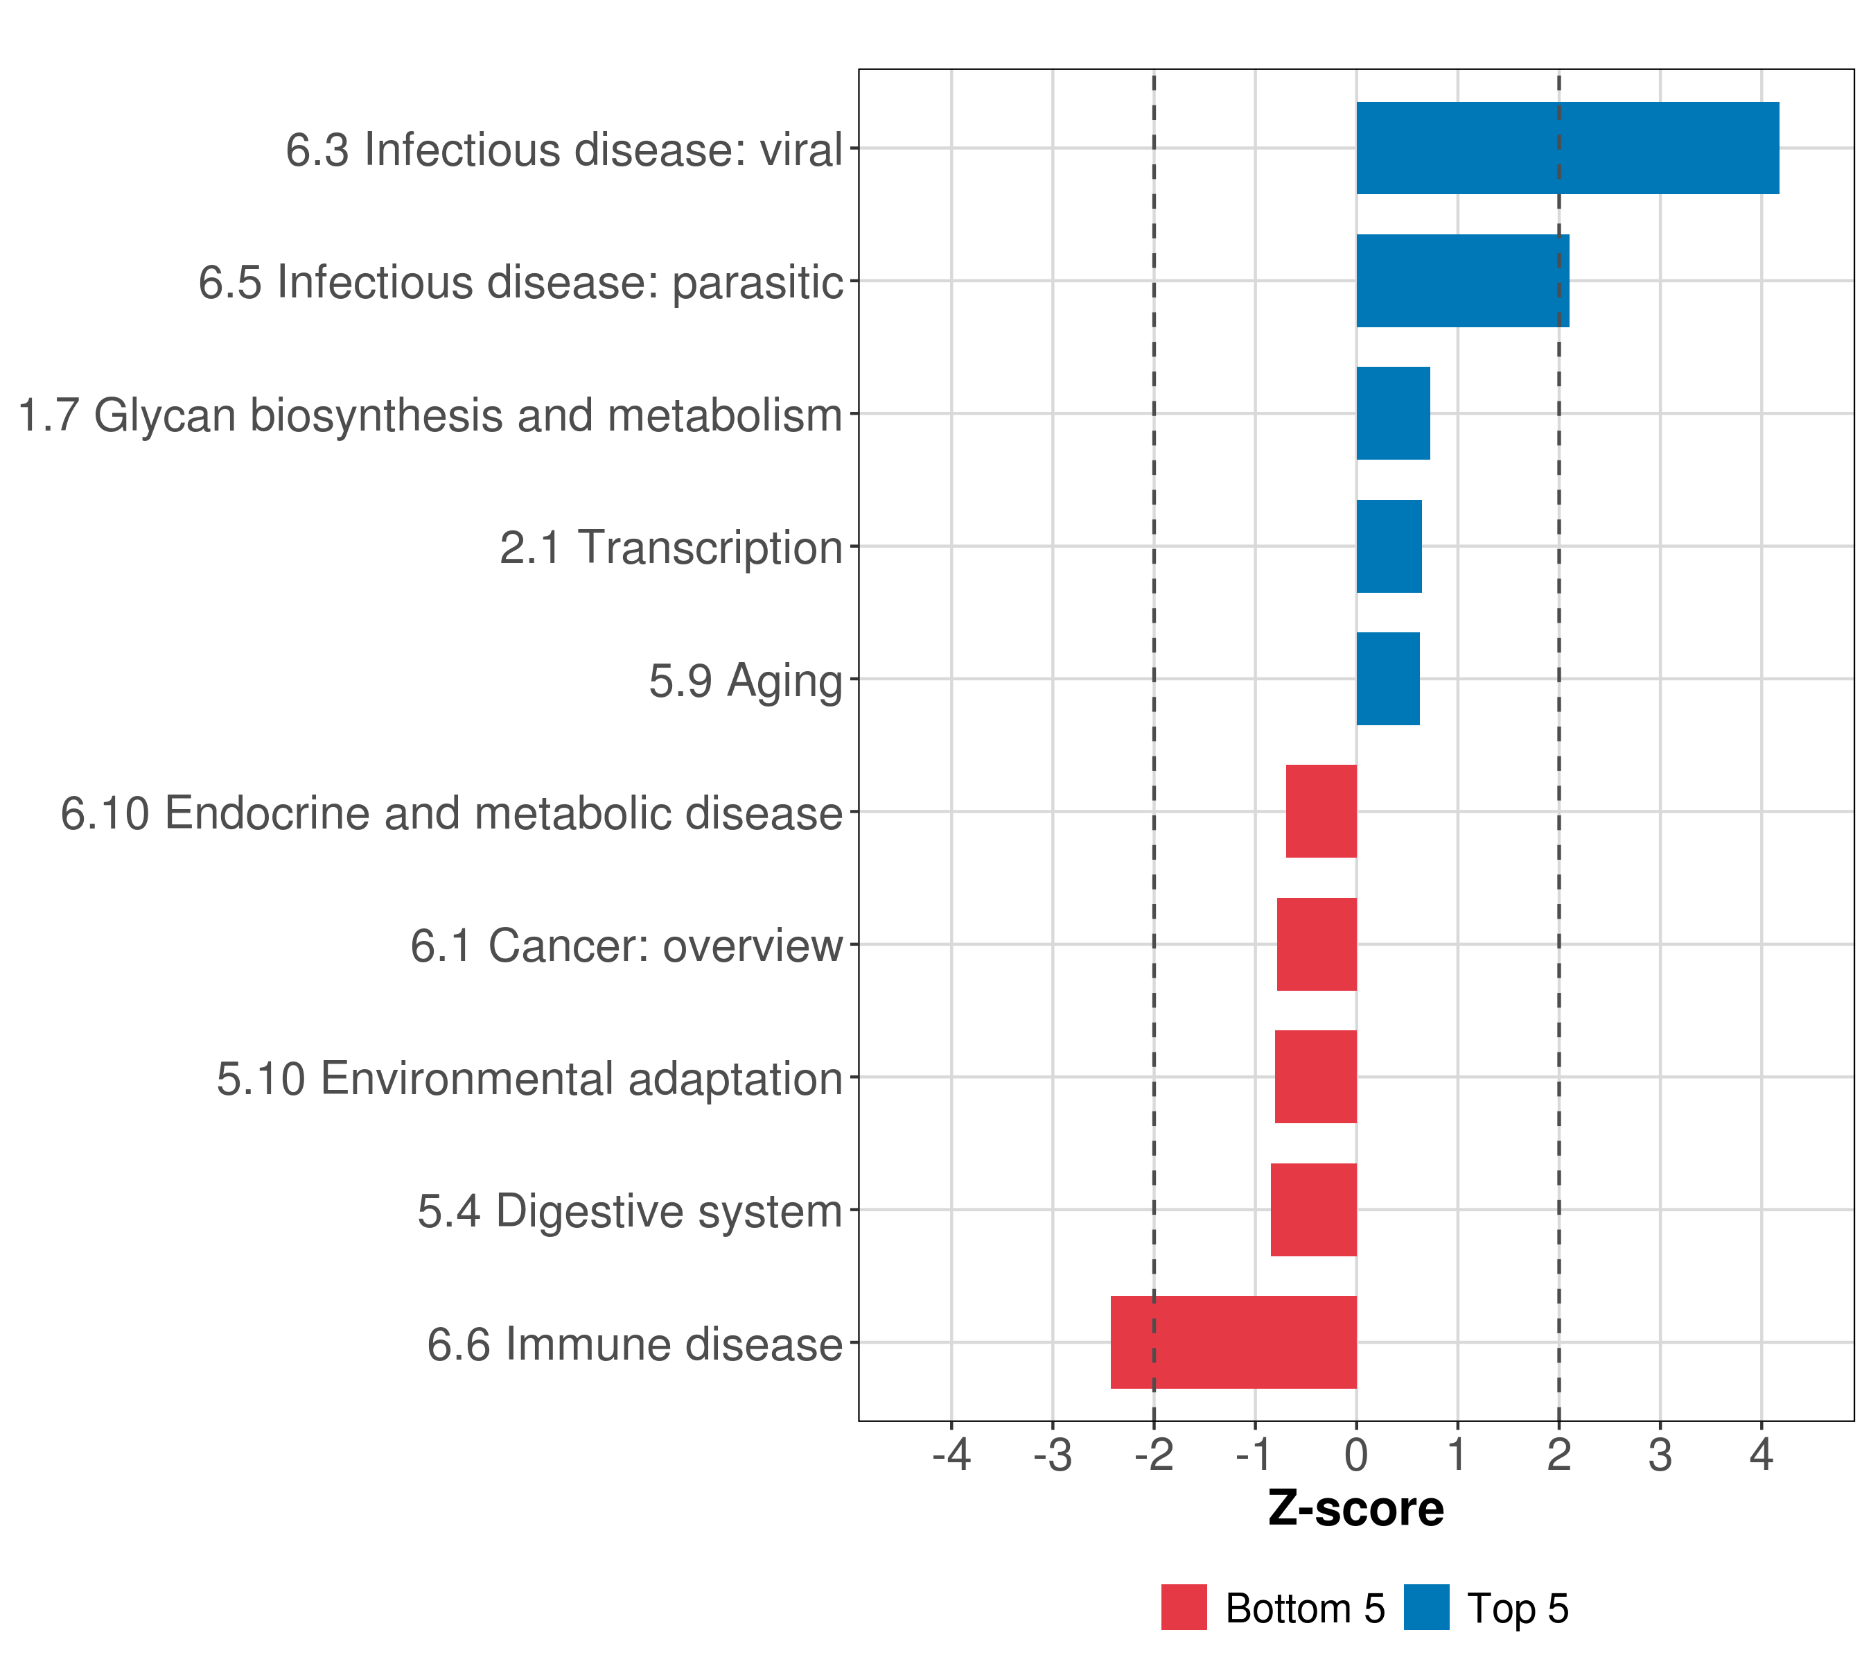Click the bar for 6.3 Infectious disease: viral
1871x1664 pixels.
tap(1567, 148)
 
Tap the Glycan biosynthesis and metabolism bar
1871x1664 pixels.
tap(1393, 413)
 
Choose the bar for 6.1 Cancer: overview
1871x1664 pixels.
tap(1317, 944)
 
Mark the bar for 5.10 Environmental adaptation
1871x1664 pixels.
tap(1315, 1077)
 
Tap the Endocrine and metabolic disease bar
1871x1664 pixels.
tap(1321, 811)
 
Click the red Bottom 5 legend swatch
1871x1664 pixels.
tap(1184, 1607)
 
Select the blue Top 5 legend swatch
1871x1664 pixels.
tap(1427, 1607)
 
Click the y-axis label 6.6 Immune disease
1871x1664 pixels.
tap(634, 1344)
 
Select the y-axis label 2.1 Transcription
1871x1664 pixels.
tap(671, 548)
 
